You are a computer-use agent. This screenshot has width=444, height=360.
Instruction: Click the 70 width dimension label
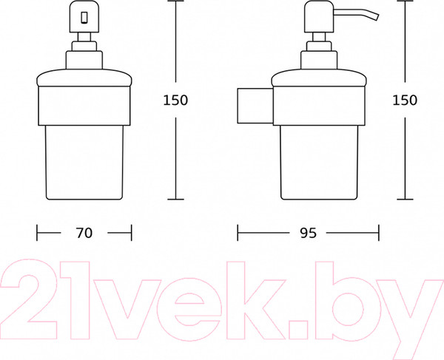[84, 233]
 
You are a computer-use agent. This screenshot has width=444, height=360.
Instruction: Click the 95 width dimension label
[308, 233]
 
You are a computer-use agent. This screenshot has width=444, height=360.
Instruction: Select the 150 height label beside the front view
[175, 100]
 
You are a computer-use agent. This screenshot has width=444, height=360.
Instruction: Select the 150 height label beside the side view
[405, 100]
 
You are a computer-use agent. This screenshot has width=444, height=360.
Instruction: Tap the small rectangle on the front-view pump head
[84, 18]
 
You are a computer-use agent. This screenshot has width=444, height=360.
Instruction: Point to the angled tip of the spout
[377, 16]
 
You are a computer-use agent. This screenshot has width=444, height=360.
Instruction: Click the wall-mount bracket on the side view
[255, 106]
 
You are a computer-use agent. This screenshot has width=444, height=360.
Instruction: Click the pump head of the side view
[319, 17]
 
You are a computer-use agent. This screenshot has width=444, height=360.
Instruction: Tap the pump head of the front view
[84, 17]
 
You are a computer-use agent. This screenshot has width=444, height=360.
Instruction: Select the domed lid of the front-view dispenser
[84, 77]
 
